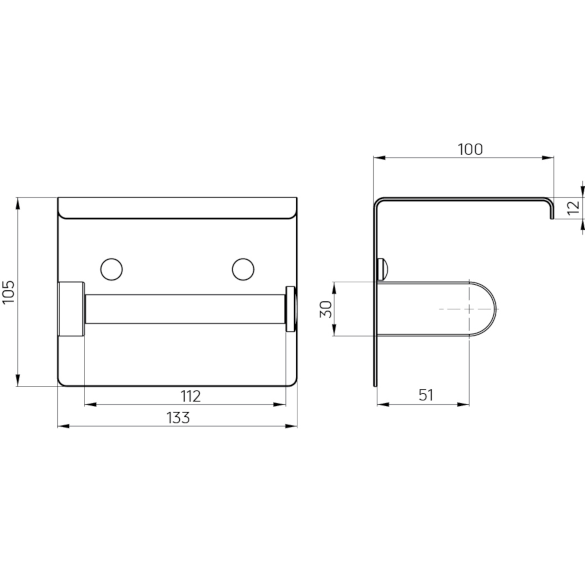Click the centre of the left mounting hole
111,269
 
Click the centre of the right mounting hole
243,269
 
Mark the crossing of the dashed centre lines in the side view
469,309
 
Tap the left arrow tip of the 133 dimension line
58,426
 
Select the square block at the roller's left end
71,309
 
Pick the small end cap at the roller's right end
291,309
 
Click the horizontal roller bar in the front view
185,309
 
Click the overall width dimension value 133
178,418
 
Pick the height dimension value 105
8,292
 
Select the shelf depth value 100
470,150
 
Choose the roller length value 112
190,396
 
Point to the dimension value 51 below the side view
426,395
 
